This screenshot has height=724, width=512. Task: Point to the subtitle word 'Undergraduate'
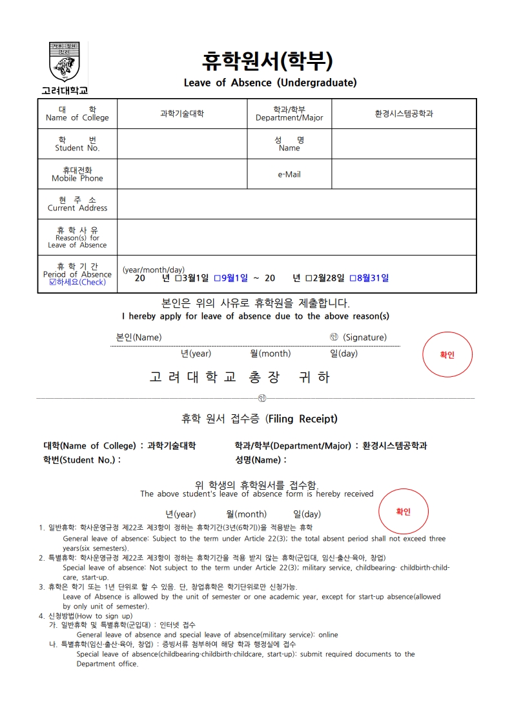pyautogui.click(x=317, y=83)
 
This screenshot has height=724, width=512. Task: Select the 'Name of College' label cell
pyautogui.click(x=77, y=114)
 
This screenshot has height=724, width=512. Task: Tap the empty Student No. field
pyautogui.click(x=181, y=143)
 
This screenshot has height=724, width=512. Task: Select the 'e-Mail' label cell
pyautogui.click(x=289, y=174)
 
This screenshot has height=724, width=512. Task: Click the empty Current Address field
pyautogui.click(x=296, y=204)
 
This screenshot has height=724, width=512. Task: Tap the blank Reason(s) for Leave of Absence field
pyautogui.click(x=296, y=237)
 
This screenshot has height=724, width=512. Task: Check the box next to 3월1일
pyautogui.click(x=178, y=278)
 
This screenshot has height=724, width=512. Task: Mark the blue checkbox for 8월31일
pyautogui.click(x=353, y=278)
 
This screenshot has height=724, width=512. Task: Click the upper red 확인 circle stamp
pyautogui.click(x=447, y=354)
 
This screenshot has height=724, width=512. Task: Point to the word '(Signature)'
pyautogui.click(x=365, y=337)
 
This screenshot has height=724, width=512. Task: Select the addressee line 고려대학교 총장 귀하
pyautogui.click(x=240, y=377)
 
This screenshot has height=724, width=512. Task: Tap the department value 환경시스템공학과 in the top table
pyautogui.click(x=404, y=114)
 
